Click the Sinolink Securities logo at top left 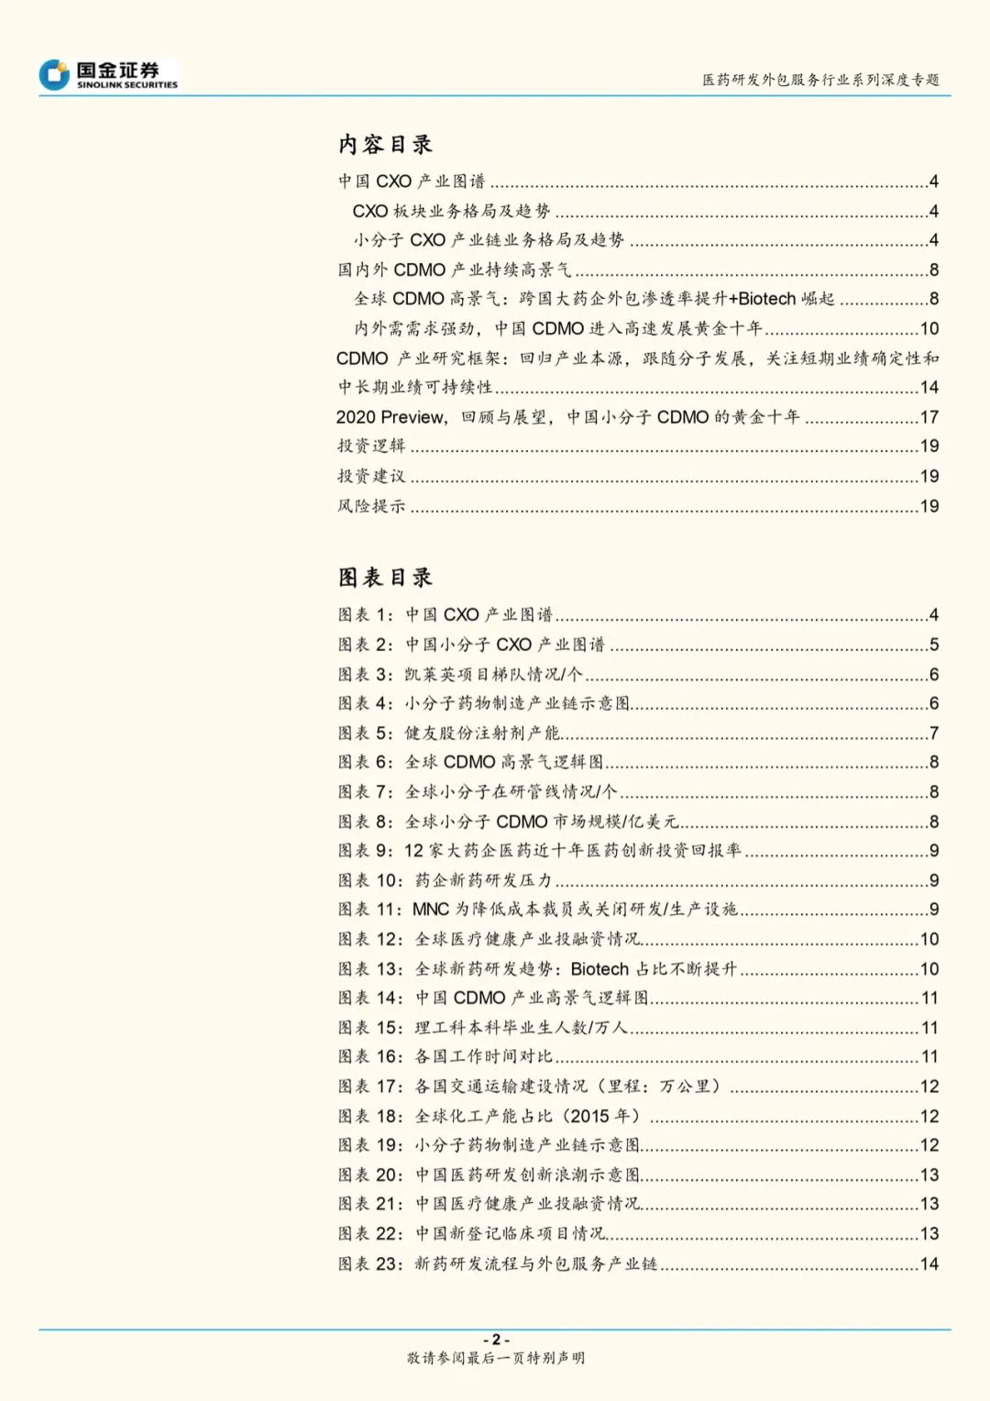[x=108, y=74]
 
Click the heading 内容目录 [x=385, y=145]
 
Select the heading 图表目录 [x=385, y=578]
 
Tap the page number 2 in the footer [x=496, y=1340]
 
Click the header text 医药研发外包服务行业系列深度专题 [x=820, y=80]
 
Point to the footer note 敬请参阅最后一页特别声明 [x=496, y=1358]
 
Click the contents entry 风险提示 [x=371, y=506]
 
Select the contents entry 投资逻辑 [x=371, y=447]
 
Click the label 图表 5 [x=365, y=734]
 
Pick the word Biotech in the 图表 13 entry [x=599, y=969]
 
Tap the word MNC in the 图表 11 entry [x=430, y=910]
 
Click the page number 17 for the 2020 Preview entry [x=929, y=417]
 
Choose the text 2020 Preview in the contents [x=390, y=417]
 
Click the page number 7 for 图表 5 [x=934, y=734]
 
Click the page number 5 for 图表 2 [x=934, y=645]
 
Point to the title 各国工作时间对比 [x=484, y=1057]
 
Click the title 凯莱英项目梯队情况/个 [x=493, y=675]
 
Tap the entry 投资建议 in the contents [x=371, y=477]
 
